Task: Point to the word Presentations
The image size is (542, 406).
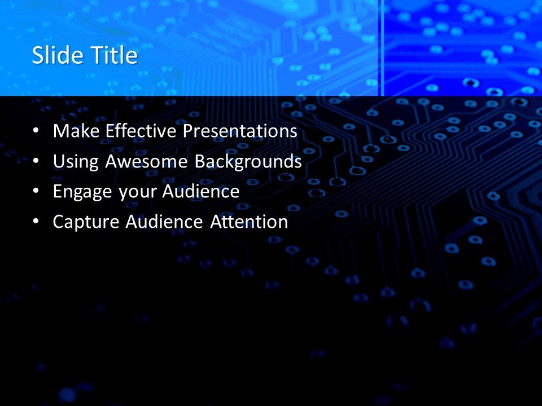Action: point(241,131)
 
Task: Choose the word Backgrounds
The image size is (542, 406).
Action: point(248,161)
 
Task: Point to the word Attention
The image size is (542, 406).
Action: point(249,222)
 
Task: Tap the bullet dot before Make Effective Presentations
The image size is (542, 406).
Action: point(37,131)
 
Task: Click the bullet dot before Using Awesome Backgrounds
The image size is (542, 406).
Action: point(37,161)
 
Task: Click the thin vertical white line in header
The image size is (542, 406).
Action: point(382,48)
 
